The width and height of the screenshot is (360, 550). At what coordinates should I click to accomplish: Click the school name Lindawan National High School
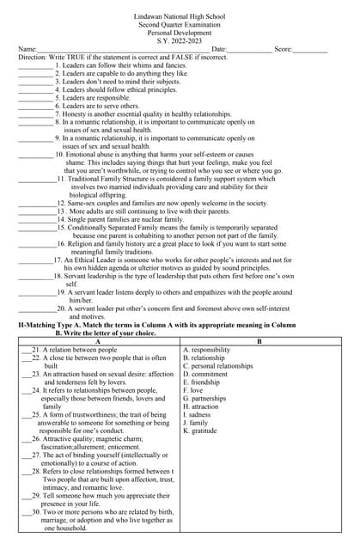coord(180,17)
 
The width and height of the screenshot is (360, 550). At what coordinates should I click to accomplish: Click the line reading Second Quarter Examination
coord(180,25)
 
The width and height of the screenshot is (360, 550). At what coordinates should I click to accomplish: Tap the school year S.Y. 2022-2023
coord(180,40)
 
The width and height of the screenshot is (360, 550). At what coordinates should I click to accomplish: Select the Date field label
coord(219,49)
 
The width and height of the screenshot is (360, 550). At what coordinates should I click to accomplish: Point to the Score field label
coord(284,49)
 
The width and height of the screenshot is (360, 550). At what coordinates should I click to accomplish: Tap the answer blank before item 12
coord(35,203)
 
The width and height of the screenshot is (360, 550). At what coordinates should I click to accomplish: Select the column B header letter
coord(260,341)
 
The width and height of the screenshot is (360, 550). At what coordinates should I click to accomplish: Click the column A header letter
coord(97,341)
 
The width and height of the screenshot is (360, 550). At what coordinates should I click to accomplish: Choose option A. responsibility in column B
coord(206,350)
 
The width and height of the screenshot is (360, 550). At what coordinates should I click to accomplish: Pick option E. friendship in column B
coord(202,382)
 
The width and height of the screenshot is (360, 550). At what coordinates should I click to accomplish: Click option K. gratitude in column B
coord(201,431)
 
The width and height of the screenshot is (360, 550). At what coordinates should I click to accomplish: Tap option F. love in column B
coord(194,390)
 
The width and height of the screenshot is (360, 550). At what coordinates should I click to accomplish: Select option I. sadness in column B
coord(198,414)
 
